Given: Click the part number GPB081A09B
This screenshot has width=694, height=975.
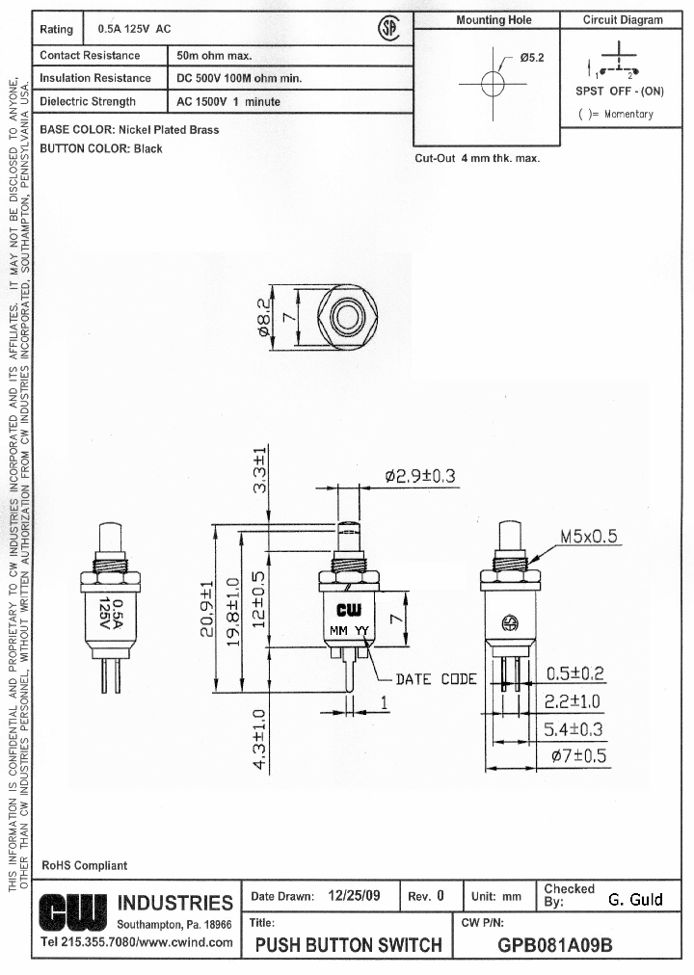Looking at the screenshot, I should tap(554, 945).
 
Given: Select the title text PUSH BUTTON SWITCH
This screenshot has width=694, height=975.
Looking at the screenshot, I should tap(348, 945).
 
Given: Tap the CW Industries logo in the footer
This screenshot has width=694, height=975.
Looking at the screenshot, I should tap(74, 905).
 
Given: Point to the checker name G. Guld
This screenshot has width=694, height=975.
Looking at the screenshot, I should tap(635, 900).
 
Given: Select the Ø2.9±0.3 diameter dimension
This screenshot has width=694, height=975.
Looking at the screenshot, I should tap(419, 476).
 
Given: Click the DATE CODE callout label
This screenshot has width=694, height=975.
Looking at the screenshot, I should tap(436, 679).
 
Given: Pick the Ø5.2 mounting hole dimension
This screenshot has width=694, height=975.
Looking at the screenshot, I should tap(532, 58).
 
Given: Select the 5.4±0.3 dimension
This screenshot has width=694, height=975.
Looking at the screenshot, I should tap(574, 729).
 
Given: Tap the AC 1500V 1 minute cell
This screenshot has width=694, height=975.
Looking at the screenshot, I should tap(227, 102).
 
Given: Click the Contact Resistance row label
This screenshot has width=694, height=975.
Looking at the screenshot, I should tap(90, 56).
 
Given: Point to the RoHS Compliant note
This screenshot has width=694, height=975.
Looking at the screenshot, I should tap(84, 865).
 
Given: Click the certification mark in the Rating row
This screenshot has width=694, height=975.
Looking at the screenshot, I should tap(389, 30).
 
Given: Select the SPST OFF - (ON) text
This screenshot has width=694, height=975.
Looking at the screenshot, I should tap(621, 92).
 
